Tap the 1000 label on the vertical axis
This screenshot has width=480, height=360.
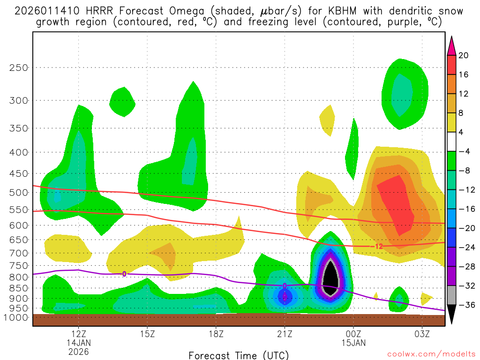click(15, 317)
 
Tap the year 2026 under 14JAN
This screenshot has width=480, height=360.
click(78, 351)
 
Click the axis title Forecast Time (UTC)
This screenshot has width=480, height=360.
click(239, 355)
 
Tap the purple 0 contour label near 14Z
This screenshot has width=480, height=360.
click(124, 274)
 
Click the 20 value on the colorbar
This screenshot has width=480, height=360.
click(464, 55)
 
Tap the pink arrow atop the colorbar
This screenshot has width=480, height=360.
click(451, 45)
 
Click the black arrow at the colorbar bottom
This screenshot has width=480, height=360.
click(451, 315)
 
